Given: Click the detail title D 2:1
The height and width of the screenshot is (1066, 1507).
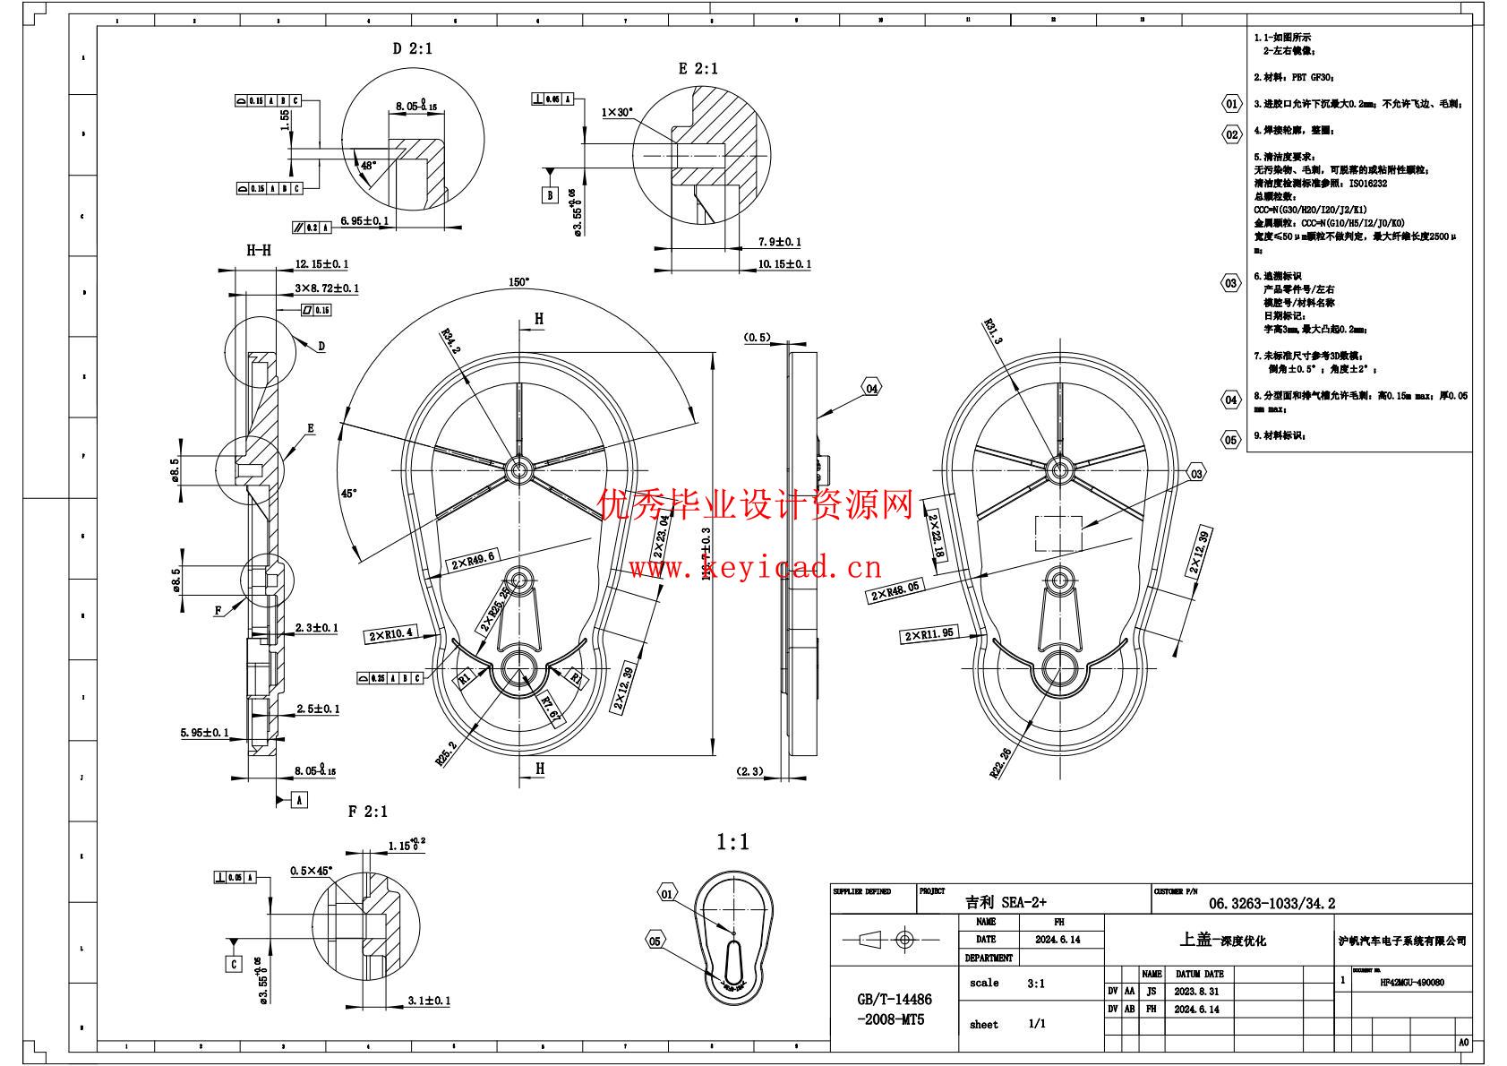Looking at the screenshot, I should coord(412,48).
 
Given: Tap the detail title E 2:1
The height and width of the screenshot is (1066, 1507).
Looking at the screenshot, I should coord(698,69).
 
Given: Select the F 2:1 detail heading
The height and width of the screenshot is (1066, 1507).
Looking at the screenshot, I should coord(368,812).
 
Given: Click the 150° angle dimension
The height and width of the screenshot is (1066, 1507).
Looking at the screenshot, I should coord(518,281).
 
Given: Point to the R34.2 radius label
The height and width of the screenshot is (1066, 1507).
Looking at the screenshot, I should coord(450,342).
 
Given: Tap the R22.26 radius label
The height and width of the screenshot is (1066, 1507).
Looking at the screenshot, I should coord(1001,762).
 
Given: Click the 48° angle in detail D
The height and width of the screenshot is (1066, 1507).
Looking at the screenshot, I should coord(369,166).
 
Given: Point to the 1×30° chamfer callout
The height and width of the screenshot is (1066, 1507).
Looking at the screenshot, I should coord(617,113).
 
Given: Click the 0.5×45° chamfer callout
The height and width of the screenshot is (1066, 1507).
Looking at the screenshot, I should coord(311,870).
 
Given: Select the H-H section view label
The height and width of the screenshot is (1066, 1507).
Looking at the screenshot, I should coord(259,251).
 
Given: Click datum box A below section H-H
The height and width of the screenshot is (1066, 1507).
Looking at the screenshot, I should coord(299,799).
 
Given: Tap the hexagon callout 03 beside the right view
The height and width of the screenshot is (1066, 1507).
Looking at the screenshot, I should coord(1197,474).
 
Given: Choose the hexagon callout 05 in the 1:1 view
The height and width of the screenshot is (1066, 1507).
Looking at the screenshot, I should coord(655,941).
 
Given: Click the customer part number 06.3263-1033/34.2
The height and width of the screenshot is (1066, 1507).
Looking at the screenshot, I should coord(1272,904).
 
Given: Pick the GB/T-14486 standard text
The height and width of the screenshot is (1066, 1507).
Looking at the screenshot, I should coord(895,1000).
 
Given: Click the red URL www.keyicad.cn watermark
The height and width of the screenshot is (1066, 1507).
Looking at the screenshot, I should coord(755,568).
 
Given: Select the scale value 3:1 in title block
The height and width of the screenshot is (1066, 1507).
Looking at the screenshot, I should coord(1036,984).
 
